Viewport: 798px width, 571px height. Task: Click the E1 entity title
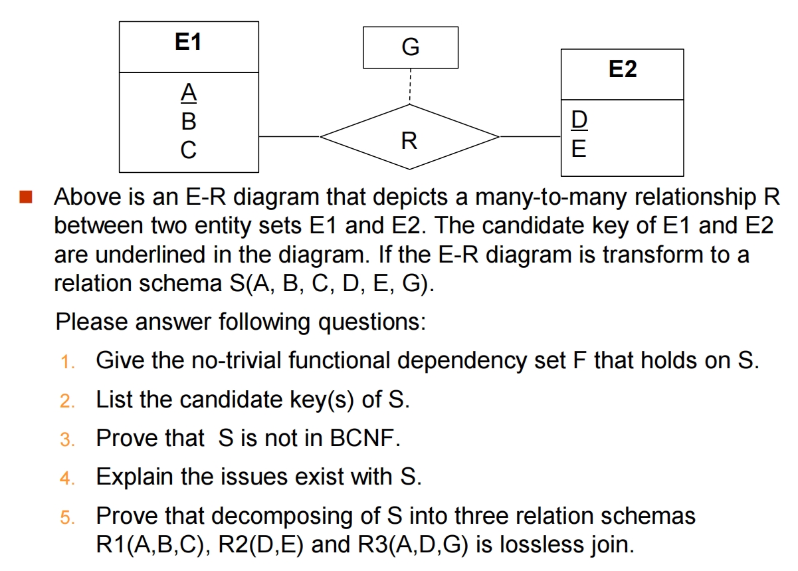[x=188, y=43]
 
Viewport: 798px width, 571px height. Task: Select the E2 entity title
[x=622, y=69]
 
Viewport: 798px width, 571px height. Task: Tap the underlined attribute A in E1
[x=189, y=94]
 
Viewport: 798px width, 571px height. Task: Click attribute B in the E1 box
[x=189, y=122]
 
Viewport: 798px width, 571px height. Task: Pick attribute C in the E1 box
[x=189, y=150]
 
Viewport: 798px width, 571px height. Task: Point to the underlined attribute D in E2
[x=579, y=119]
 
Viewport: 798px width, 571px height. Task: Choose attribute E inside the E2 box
[x=579, y=148]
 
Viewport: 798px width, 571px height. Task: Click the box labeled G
[x=410, y=47]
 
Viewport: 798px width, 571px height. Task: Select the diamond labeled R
[x=409, y=140]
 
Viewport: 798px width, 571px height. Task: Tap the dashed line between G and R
[x=410, y=86]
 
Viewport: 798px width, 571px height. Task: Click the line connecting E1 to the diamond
[x=290, y=136]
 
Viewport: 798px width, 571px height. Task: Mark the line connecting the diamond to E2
[x=530, y=136]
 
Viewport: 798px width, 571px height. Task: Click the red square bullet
[x=26, y=197]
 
